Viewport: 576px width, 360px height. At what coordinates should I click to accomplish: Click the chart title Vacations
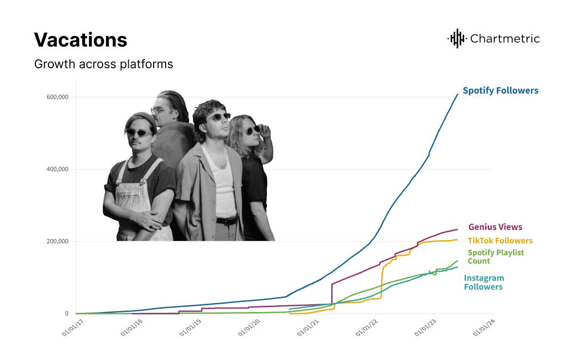click(81, 40)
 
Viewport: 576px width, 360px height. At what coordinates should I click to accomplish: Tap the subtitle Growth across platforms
click(103, 64)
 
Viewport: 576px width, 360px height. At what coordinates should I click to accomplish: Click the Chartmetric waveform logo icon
click(456, 38)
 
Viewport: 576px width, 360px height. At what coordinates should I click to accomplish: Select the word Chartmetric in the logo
click(505, 39)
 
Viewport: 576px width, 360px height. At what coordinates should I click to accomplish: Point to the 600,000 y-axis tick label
click(58, 97)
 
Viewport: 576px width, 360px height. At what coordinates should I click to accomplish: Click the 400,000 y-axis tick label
click(58, 169)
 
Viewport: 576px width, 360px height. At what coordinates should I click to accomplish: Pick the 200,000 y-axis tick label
click(58, 241)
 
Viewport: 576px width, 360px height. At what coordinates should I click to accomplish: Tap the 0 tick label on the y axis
click(67, 313)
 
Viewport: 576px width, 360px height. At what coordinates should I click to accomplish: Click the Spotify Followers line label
click(500, 90)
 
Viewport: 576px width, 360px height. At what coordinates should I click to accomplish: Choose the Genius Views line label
click(495, 227)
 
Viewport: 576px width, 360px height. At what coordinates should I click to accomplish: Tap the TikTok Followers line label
click(500, 240)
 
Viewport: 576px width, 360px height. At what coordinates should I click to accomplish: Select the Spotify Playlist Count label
click(495, 257)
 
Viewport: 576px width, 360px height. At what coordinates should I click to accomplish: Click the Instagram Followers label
click(484, 282)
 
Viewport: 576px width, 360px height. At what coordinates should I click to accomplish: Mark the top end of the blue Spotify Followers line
click(457, 94)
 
